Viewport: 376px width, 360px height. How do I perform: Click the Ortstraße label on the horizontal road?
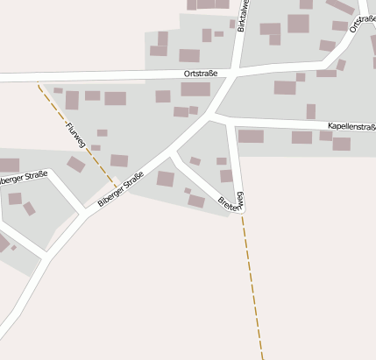200,74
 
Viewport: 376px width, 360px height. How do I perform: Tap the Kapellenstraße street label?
351,127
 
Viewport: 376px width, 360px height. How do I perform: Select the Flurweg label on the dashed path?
74,135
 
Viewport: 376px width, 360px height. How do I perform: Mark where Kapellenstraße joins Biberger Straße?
214,114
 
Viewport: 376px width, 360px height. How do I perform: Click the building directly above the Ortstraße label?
189,56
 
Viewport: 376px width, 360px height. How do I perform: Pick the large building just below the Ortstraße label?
195,89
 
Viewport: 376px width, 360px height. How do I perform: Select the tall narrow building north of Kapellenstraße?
311,111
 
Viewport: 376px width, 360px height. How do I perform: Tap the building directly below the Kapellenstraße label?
342,144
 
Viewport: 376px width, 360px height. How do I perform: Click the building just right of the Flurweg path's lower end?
119,161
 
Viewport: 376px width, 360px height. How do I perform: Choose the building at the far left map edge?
9,165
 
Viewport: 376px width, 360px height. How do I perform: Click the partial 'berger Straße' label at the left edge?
22,180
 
